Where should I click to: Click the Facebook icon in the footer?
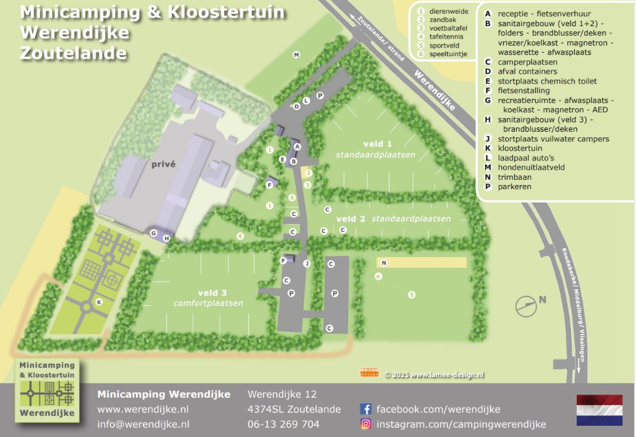(366, 410)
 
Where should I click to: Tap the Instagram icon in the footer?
(366, 425)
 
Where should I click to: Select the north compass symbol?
(527, 306)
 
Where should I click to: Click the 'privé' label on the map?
(163, 164)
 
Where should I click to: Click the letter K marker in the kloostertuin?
(99, 302)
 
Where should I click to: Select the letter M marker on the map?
(296, 55)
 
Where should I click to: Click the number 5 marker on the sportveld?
(411, 295)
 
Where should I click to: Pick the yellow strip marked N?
(421, 263)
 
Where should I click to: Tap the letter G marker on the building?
(154, 233)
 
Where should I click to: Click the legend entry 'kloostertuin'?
(520, 149)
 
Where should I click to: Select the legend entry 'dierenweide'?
(446, 11)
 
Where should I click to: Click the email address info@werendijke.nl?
(143, 425)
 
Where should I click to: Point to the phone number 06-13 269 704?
(283, 425)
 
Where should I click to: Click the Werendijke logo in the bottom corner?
(47, 388)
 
